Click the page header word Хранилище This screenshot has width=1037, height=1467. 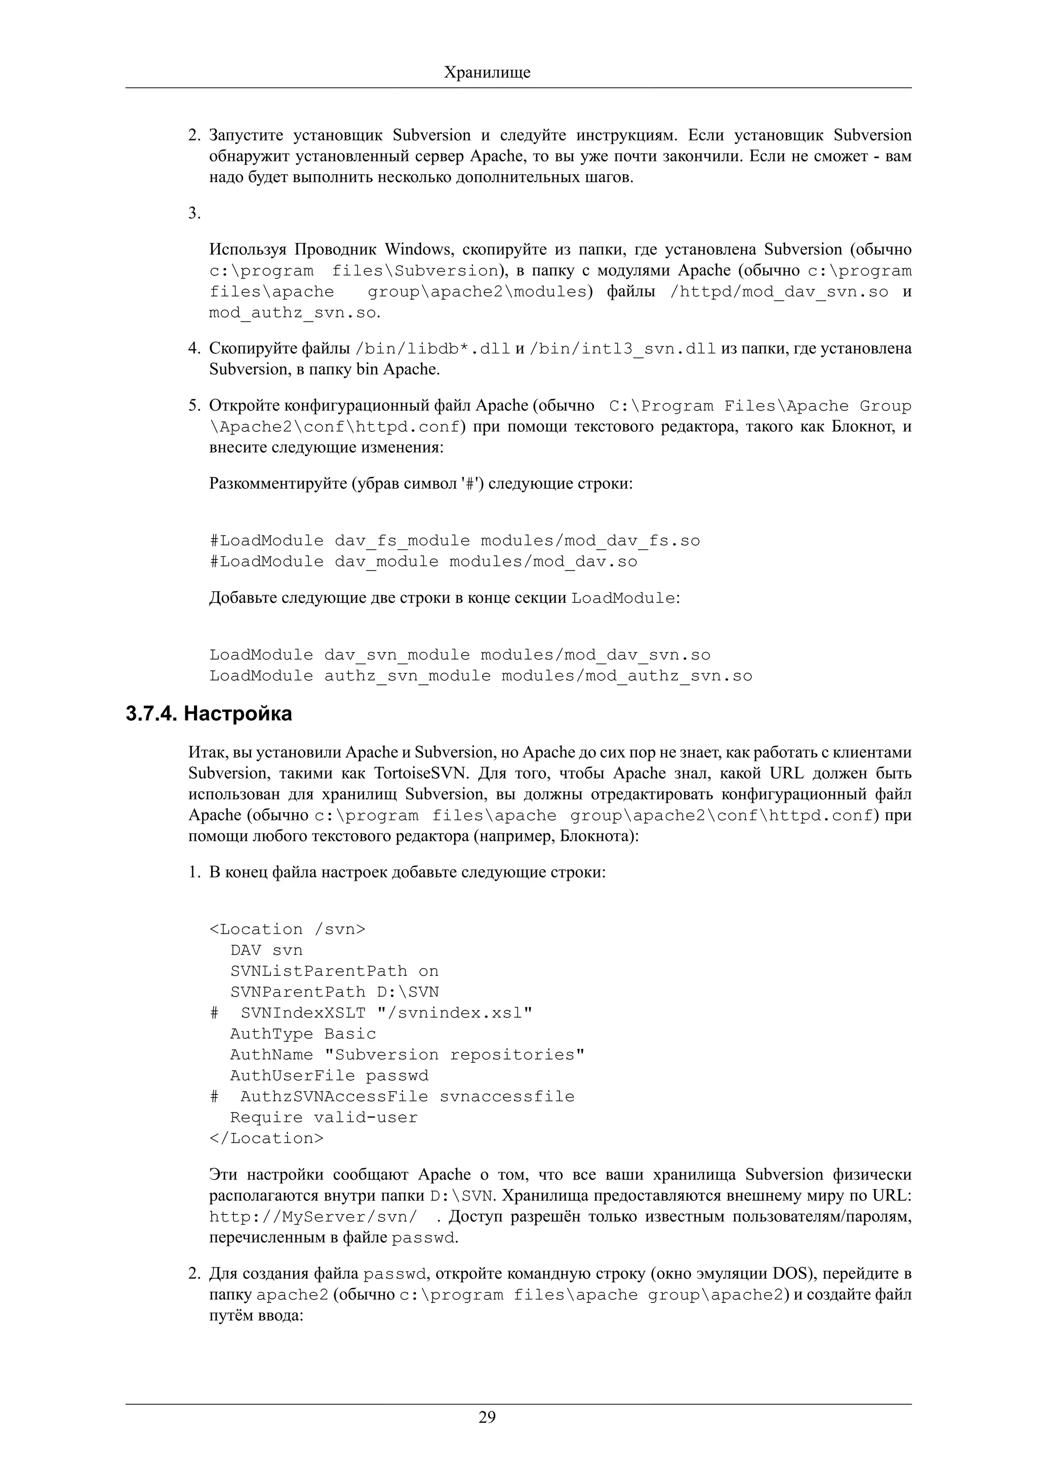(487, 72)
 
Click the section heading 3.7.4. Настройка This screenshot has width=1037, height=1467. (209, 714)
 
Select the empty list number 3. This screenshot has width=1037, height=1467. (193, 214)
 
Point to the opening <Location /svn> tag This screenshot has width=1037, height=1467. (288, 929)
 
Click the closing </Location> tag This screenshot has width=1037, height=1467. (266, 1138)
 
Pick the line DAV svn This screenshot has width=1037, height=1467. (266, 950)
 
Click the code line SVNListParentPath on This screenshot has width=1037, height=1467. (334, 971)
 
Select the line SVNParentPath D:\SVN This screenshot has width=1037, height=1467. (334, 992)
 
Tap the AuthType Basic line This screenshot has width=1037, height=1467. (303, 1034)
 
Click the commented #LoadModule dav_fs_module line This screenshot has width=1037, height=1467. (454, 541)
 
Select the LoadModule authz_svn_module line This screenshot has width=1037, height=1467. (481, 676)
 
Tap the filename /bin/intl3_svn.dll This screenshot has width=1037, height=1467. (622, 349)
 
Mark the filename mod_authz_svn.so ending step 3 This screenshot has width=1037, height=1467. (293, 313)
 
